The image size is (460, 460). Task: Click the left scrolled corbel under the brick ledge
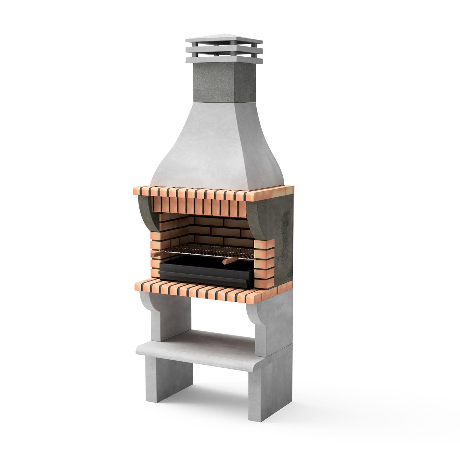pos(148,304)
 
